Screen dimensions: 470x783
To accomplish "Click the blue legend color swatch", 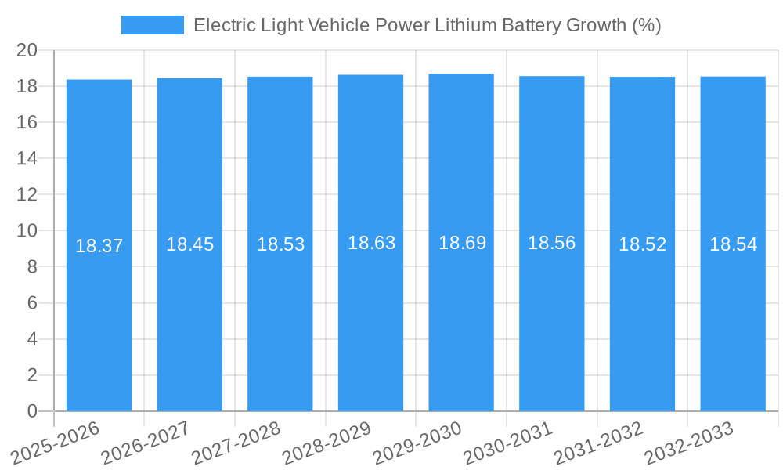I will click(152, 25).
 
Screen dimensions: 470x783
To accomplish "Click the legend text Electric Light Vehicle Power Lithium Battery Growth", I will click(427, 25).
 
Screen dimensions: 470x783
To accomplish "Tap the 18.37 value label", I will click(99, 246).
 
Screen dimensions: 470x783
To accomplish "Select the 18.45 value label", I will click(189, 244).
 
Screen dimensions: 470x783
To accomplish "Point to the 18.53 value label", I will click(280, 244).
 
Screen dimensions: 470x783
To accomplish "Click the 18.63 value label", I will click(371, 243).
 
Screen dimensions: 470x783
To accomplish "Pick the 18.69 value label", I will click(462, 243).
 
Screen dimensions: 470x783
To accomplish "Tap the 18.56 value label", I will click(551, 243).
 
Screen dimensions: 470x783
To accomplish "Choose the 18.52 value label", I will click(642, 244).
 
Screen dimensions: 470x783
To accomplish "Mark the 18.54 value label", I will click(733, 244).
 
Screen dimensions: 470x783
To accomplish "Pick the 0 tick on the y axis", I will click(32, 411).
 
